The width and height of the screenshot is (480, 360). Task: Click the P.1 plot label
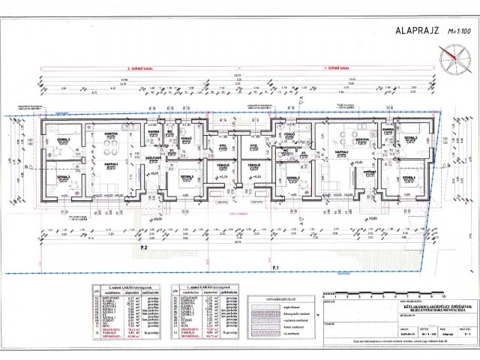275,268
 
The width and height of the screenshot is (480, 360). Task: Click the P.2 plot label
142,247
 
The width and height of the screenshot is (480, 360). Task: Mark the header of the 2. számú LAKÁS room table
124,287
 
